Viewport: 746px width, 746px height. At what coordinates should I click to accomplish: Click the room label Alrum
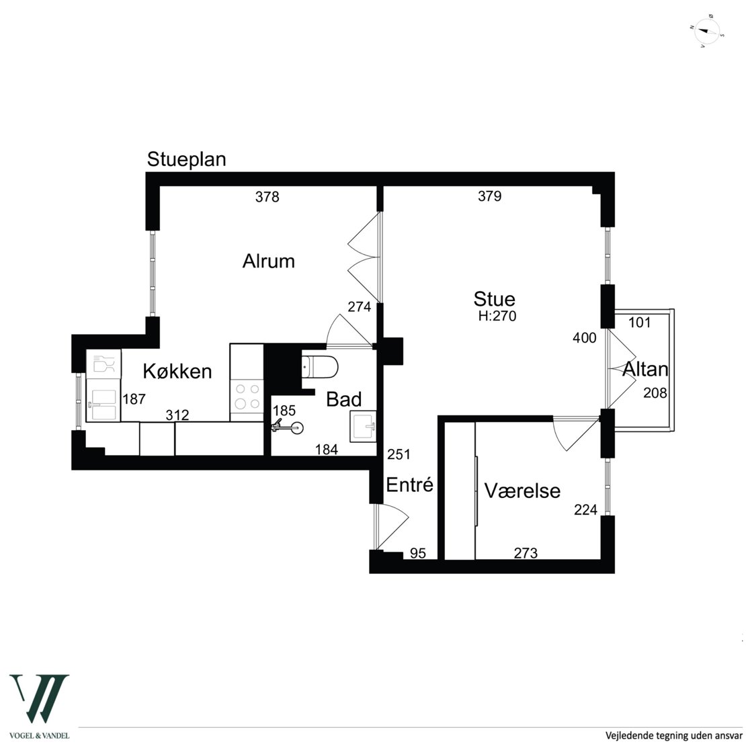(268, 261)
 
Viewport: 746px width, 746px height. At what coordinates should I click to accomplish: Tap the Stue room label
(495, 299)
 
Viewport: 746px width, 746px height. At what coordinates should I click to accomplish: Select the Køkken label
(177, 371)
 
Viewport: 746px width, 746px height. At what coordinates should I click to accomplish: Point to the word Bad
(343, 400)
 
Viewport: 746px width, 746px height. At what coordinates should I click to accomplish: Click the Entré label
(410, 485)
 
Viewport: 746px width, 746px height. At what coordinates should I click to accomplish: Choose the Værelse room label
(522, 491)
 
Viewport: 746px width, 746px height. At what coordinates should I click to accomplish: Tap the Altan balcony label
(645, 369)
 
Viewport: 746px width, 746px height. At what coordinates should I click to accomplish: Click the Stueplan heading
(187, 159)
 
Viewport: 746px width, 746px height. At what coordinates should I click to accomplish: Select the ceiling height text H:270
(497, 316)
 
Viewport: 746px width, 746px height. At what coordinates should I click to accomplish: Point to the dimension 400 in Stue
(584, 338)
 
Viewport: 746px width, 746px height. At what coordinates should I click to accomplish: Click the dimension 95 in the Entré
(418, 553)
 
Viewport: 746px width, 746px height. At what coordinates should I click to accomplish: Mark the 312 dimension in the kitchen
(177, 415)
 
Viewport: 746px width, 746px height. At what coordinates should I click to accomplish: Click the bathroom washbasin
(363, 426)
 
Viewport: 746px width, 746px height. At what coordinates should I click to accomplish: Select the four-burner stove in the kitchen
(247, 397)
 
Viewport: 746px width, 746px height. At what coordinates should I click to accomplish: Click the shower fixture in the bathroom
(288, 427)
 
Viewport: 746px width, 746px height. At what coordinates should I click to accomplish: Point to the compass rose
(706, 32)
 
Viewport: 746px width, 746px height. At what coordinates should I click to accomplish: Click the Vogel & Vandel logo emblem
(40, 698)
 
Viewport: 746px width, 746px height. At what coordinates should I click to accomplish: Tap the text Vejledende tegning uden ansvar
(673, 735)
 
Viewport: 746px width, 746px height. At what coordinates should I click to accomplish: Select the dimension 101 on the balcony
(639, 323)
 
